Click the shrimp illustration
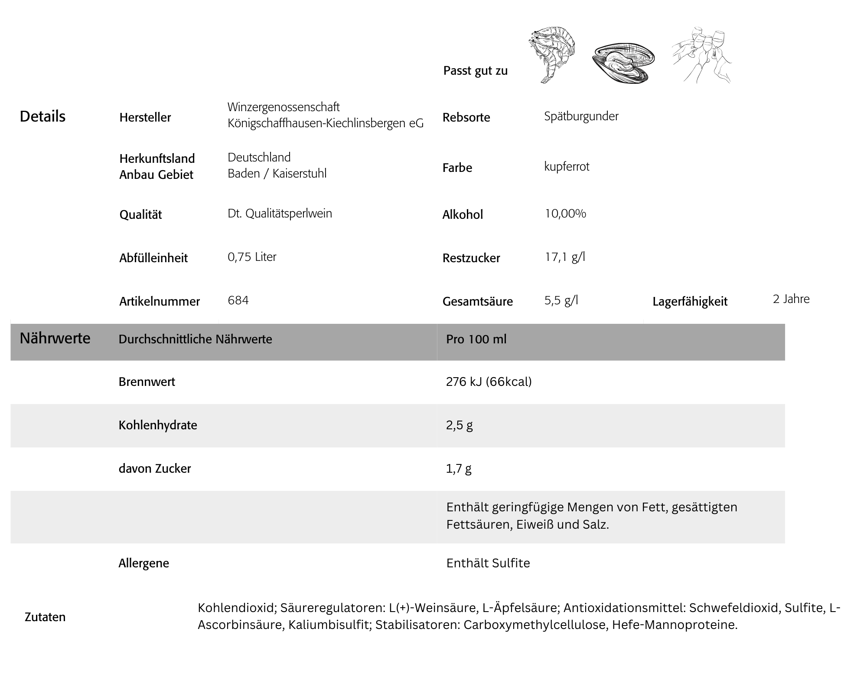552,54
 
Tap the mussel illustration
623,63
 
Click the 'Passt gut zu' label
475,71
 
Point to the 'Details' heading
42,116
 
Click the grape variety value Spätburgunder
581,116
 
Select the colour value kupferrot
567,167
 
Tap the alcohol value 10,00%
565,214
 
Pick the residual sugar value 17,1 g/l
565,257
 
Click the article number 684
238,300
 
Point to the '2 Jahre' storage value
791,299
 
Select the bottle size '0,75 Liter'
252,257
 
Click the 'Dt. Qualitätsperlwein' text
280,214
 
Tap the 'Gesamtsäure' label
477,302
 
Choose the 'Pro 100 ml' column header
476,339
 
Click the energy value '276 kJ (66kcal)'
489,382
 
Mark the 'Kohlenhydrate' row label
158,425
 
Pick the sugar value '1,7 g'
459,468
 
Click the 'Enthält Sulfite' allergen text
488,563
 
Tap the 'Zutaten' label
45,617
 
